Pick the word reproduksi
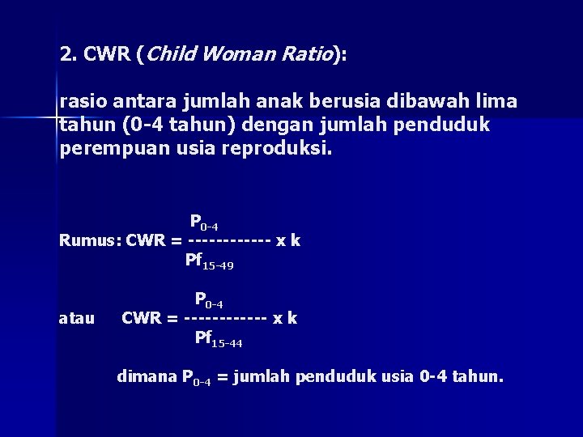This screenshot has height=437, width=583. [283, 150]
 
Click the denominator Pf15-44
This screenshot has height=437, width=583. [219, 338]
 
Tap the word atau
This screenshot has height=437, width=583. [78, 318]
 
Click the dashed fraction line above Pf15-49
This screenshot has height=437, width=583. [228, 241]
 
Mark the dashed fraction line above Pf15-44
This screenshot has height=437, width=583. [226, 319]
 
